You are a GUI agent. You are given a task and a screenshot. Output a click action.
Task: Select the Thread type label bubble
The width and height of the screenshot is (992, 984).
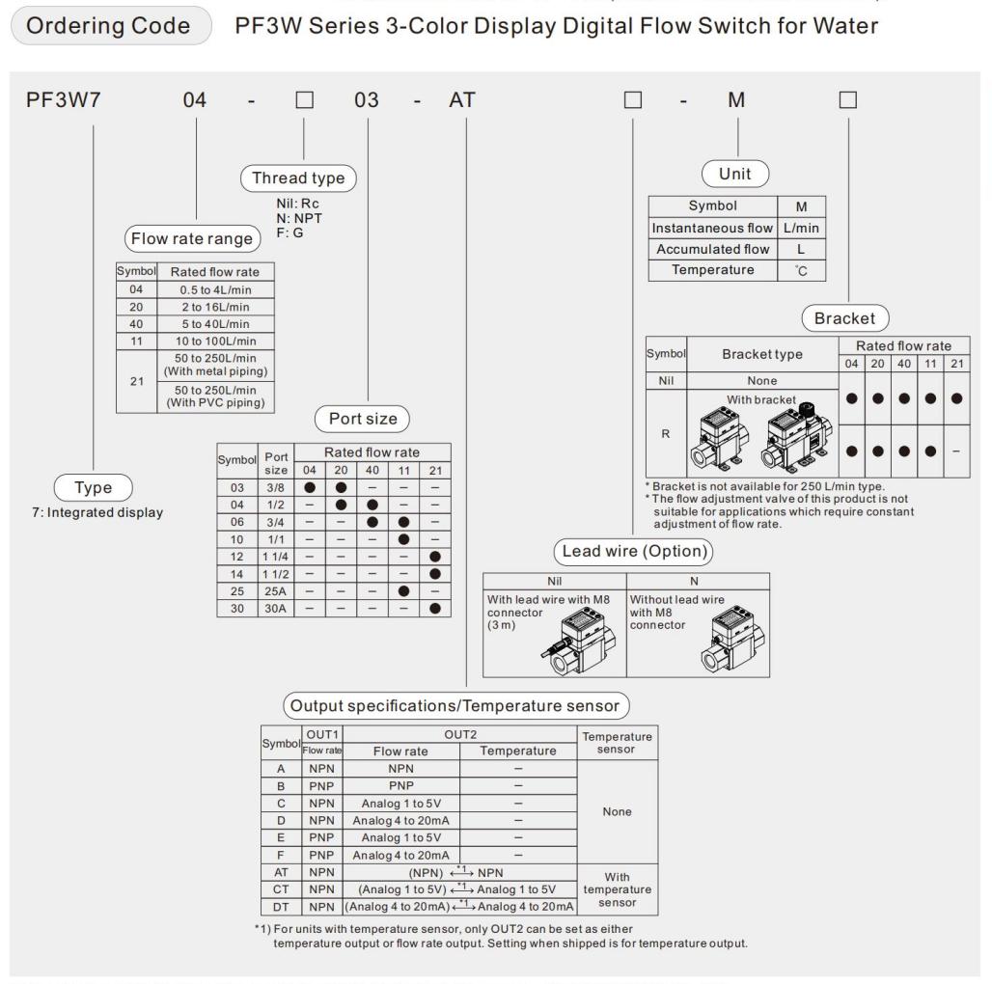[297, 178]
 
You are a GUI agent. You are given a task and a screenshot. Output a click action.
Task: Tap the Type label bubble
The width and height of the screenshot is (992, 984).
[94, 488]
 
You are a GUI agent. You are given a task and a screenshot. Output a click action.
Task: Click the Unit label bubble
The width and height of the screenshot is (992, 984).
[737, 175]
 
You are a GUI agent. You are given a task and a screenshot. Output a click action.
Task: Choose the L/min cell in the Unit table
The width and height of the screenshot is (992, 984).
[800, 227]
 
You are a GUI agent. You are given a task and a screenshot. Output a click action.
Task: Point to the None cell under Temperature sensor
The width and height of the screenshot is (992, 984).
[617, 812]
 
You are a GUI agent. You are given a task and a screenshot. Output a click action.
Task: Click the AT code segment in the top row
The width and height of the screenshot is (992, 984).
[462, 100]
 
